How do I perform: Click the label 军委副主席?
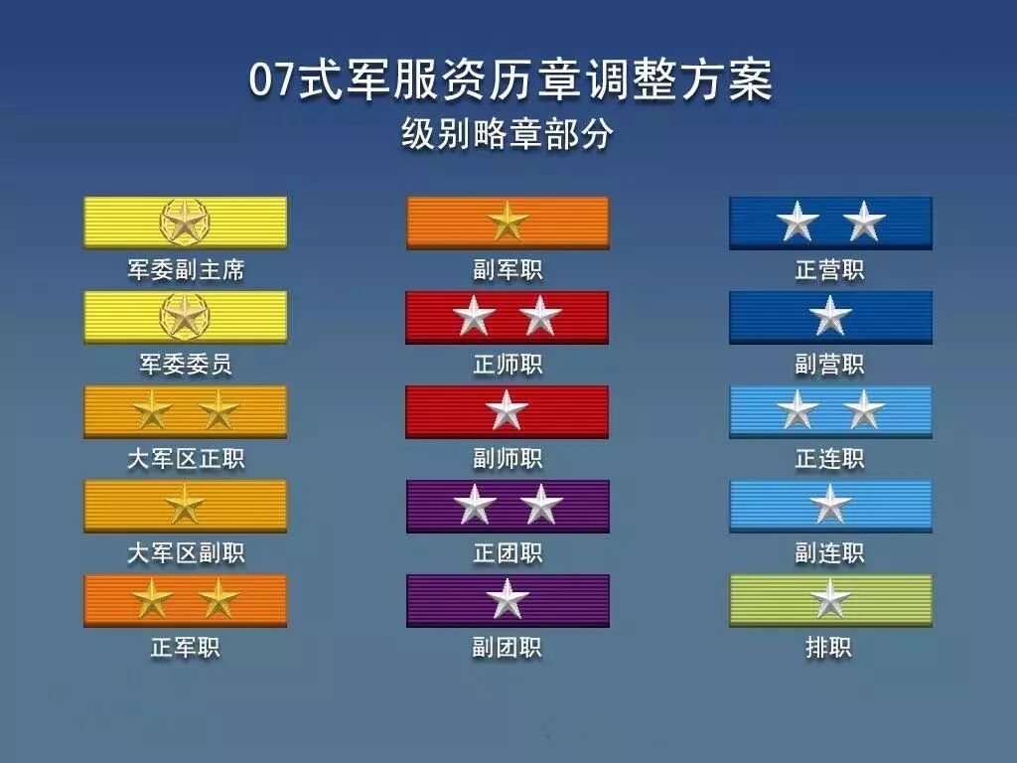pyautogui.click(x=185, y=270)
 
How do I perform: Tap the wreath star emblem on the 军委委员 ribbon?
pyautogui.click(x=185, y=317)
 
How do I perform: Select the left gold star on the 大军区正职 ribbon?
pyautogui.click(x=152, y=411)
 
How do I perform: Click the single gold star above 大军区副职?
pyautogui.click(x=185, y=505)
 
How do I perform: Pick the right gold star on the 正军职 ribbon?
pyautogui.click(x=218, y=599)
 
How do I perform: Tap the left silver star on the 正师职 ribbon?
pyautogui.click(x=475, y=317)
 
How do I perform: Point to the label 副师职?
pyautogui.click(x=508, y=459)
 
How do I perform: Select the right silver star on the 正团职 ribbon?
pyautogui.click(x=541, y=505)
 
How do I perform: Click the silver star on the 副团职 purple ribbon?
pyautogui.click(x=508, y=599)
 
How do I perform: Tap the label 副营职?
pyautogui.click(x=830, y=365)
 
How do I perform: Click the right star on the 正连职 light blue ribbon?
pyautogui.click(x=864, y=410)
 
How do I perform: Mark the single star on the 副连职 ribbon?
pyautogui.click(x=830, y=505)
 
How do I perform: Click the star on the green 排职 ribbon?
pyautogui.click(x=830, y=599)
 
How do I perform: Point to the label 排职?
pyautogui.click(x=829, y=648)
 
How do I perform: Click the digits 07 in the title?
pyautogui.click(x=273, y=81)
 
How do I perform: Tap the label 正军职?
pyautogui.click(x=185, y=648)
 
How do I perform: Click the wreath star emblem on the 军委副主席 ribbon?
pyautogui.click(x=185, y=222)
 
